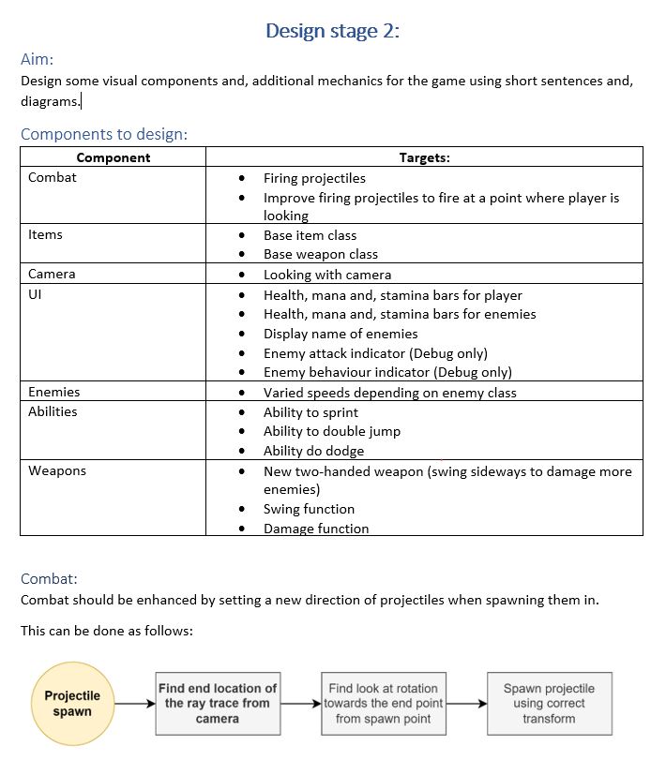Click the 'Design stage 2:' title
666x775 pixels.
pyautogui.click(x=332, y=31)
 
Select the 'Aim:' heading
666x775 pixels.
pyautogui.click(x=38, y=59)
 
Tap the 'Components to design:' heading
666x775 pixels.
pyautogui.click(x=104, y=134)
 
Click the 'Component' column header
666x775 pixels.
pyautogui.click(x=113, y=157)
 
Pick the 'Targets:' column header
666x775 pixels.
pyautogui.click(x=424, y=157)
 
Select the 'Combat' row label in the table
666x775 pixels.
pyautogui.click(x=53, y=177)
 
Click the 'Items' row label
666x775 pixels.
pyautogui.click(x=45, y=234)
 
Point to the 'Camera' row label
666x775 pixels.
pyautogui.click(x=52, y=274)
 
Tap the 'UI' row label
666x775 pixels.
pyautogui.click(x=35, y=294)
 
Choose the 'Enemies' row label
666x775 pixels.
pyautogui.click(x=53, y=392)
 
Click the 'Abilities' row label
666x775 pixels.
pyautogui.click(x=53, y=411)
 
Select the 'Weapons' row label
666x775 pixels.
pyautogui.click(x=56, y=470)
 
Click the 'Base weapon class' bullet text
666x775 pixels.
pyautogui.click(x=320, y=254)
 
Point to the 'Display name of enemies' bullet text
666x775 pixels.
pyautogui.click(x=341, y=334)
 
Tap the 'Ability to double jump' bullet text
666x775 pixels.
pyautogui.click(x=331, y=431)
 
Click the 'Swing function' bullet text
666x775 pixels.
pyautogui.click(x=309, y=509)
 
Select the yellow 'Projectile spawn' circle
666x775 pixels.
pyautogui.click(x=72, y=704)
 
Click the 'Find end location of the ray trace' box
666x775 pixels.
pyautogui.click(x=218, y=704)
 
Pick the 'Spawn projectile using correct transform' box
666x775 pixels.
pyautogui.click(x=549, y=704)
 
